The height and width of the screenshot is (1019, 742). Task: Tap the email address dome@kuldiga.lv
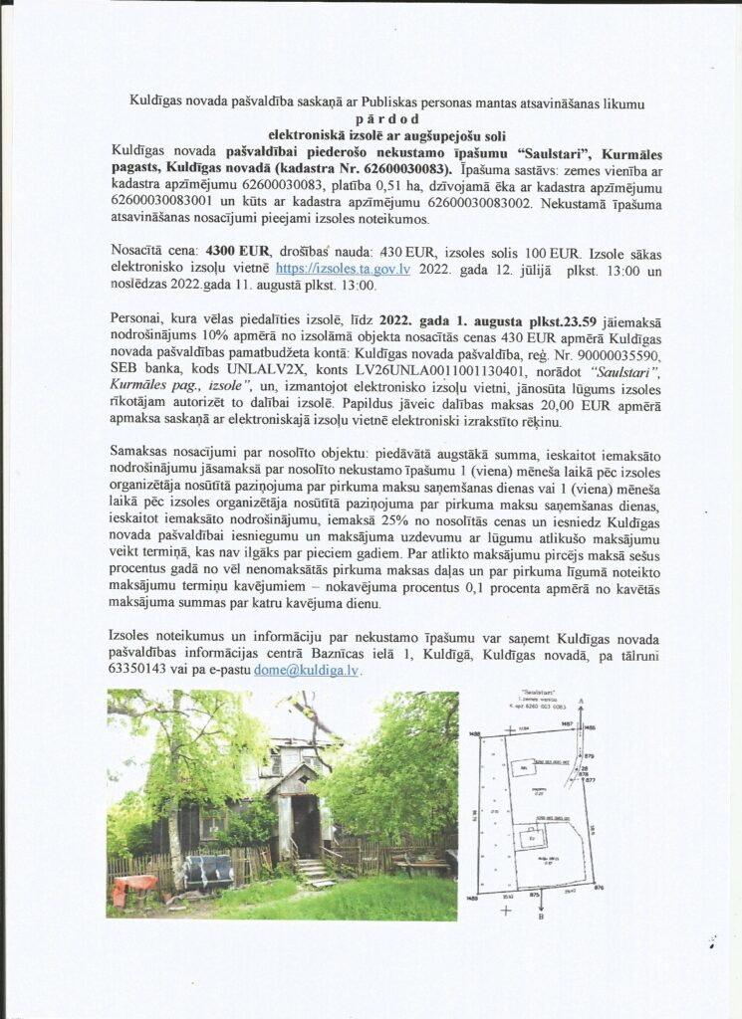pyautogui.click(x=307, y=672)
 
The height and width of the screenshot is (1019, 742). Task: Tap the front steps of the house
pyautogui.click(x=311, y=869)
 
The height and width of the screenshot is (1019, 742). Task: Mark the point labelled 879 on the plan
pyautogui.click(x=589, y=755)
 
